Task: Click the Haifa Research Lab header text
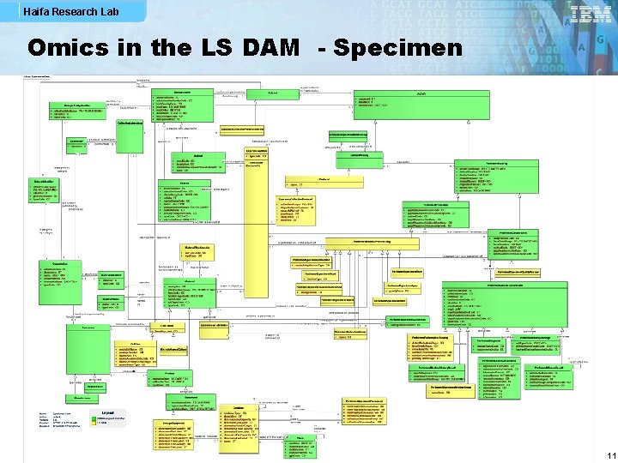tap(59, 12)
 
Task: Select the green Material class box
tap(190, 297)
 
